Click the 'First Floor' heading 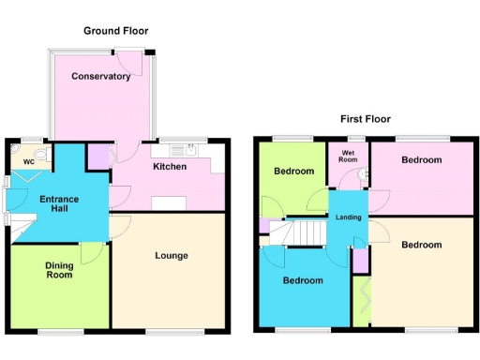pyautogui.click(x=365, y=119)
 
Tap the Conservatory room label pyautogui.click(x=100, y=77)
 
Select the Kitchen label pyautogui.click(x=170, y=167)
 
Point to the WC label pyautogui.click(x=28, y=162)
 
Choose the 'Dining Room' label pyautogui.click(x=59, y=271)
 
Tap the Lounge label pyautogui.click(x=172, y=256)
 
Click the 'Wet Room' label pyautogui.click(x=349, y=156)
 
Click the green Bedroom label pyautogui.click(x=293, y=172)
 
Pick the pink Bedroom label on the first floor pyautogui.click(x=421, y=160)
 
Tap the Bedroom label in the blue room pyautogui.click(x=303, y=281)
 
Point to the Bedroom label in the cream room pyautogui.click(x=421, y=245)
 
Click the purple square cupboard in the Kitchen pyautogui.click(x=97, y=157)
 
